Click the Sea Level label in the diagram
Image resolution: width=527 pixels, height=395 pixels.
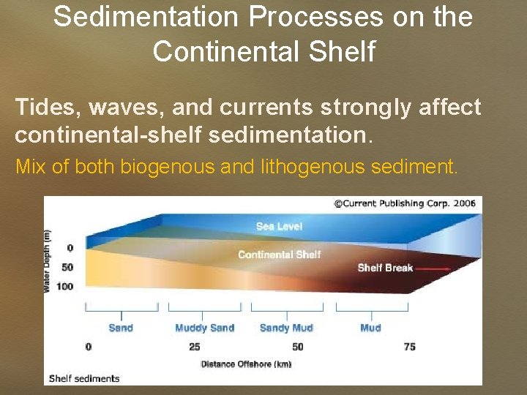(279, 226)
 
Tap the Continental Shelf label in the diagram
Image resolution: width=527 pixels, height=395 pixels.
(279, 255)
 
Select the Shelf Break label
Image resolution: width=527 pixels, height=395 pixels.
(385, 268)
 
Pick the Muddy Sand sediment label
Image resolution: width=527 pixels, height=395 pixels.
(204, 328)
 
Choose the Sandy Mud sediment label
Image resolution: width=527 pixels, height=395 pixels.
(286, 328)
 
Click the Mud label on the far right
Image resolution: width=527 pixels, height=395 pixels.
(370, 328)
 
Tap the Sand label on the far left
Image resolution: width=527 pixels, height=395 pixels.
(121, 328)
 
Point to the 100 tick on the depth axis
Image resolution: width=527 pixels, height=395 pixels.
(64, 286)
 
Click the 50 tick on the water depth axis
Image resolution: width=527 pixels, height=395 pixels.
(67, 267)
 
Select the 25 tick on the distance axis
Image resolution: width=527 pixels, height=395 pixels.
(195, 347)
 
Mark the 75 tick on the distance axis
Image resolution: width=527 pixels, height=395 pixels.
(410, 347)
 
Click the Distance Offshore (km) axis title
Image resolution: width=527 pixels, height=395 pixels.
(245, 364)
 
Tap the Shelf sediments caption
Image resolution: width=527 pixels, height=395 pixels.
(83, 378)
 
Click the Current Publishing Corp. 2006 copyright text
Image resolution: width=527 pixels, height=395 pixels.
(404, 203)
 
